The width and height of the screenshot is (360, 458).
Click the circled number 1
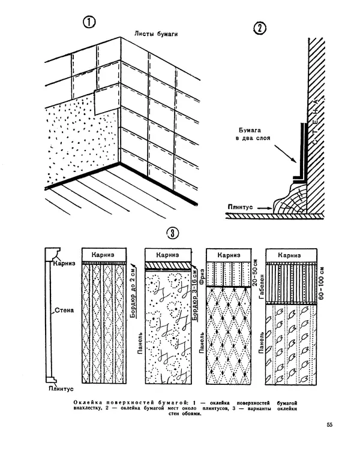[x=89, y=24]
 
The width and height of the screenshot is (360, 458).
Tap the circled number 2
[x=260, y=29]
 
